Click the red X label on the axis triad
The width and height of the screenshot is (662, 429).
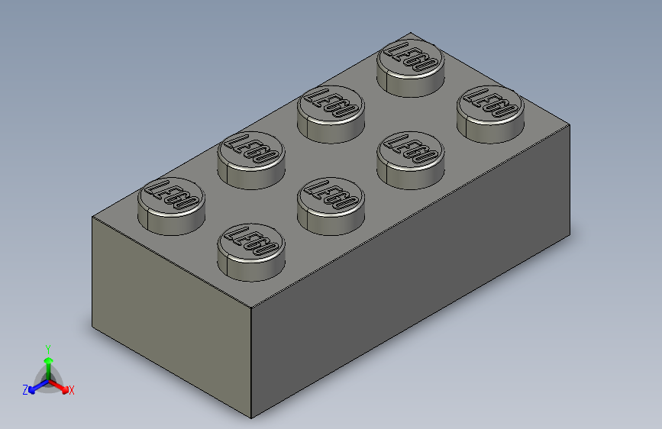[71, 390]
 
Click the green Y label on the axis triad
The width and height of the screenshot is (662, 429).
[47, 348]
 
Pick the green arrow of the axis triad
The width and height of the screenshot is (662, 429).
[47, 363]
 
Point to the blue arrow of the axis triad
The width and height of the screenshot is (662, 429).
[34, 385]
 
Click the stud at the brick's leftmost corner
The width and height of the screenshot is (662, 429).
[171, 205]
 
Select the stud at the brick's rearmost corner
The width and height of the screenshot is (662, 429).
[412, 66]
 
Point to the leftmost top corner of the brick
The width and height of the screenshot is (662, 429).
[92, 217]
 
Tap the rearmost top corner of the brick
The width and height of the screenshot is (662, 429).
[412, 32]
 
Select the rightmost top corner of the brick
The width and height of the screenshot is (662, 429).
[570, 124]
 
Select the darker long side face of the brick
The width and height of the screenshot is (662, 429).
[412, 275]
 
